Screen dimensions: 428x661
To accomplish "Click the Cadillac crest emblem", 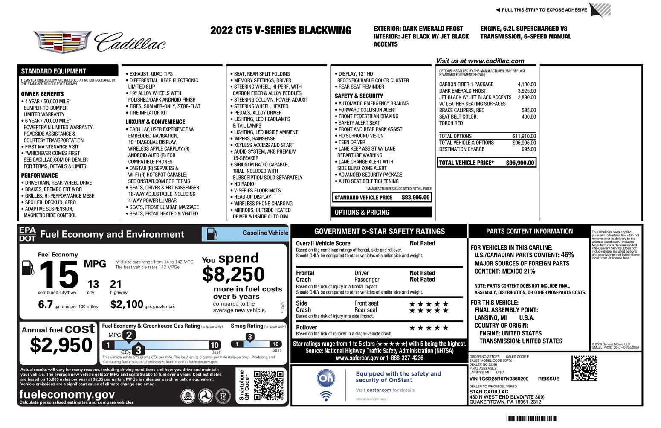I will pyautogui.click(x=62, y=41).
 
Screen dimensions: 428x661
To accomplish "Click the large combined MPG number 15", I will pyautogui.click(x=59, y=275).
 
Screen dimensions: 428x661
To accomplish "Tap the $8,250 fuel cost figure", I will pyautogui.click(x=233, y=274).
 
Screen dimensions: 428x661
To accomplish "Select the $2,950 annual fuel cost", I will pyautogui.click(x=61, y=345).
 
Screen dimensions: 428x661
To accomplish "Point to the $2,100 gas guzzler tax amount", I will pyautogui.click(x=127, y=304).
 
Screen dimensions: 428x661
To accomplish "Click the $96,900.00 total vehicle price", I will pyautogui.click(x=520, y=163).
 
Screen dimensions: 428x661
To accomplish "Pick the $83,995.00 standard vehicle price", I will pyautogui.click(x=415, y=198).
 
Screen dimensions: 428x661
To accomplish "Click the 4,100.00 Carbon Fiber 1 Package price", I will pyautogui.click(x=527, y=84).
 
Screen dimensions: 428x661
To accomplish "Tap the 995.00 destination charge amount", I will pyautogui.click(x=529, y=149).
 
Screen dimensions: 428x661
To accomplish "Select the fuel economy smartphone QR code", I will pyautogui.click(x=269, y=385).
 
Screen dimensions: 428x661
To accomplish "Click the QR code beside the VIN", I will pyautogui.click(x=584, y=368).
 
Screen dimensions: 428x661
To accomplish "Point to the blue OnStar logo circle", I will pyautogui.click(x=326, y=378).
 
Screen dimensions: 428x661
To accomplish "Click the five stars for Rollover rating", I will pyautogui.click(x=429, y=328).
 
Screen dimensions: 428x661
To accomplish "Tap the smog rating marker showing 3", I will pyautogui.click(x=250, y=337).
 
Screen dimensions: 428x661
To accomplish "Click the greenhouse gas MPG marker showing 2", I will pyautogui.click(x=129, y=335).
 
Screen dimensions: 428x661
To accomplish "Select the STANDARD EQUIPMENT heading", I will pyautogui.click(x=54, y=71).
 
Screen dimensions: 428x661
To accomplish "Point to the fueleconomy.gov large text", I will pyautogui.click(x=67, y=394).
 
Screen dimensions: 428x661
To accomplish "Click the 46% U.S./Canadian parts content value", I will pyautogui.click(x=567, y=255).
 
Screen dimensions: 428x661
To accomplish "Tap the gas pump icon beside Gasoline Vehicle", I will pyautogui.click(x=212, y=234).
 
